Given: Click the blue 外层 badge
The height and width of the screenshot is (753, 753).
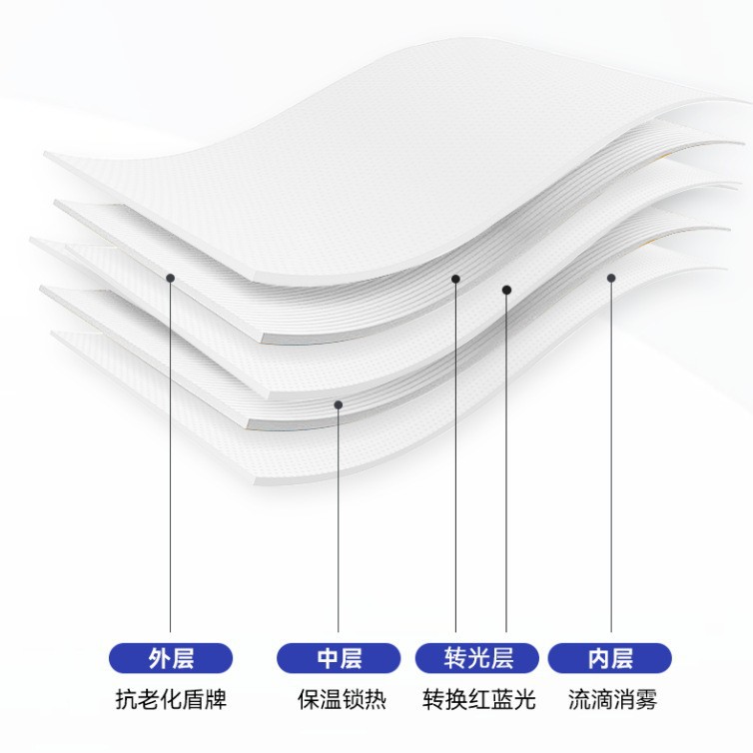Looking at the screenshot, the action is click(x=170, y=658).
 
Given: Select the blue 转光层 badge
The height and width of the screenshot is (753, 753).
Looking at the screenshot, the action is click(x=477, y=658).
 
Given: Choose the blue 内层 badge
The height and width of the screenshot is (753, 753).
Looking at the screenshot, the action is click(x=609, y=658).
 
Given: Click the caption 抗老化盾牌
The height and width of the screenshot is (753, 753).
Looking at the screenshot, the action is click(x=170, y=699).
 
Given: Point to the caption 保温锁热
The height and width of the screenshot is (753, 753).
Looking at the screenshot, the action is click(x=341, y=699).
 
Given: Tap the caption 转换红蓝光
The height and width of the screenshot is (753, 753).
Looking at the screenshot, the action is click(x=477, y=699).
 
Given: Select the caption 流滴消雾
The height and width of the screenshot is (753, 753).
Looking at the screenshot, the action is click(x=612, y=699).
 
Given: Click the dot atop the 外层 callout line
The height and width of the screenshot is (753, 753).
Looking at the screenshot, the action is click(x=171, y=278).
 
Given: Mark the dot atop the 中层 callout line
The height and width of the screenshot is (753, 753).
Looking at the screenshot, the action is click(x=339, y=404).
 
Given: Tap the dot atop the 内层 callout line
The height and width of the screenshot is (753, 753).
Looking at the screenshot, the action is click(x=611, y=278).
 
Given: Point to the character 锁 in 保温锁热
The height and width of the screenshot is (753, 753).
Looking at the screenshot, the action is click(x=352, y=699).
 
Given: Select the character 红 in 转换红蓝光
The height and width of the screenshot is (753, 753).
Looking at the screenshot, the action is click(x=477, y=699).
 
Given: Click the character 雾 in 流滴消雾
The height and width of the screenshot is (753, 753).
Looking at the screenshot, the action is click(x=646, y=699).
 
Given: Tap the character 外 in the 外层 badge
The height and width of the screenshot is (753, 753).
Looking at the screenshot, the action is click(x=159, y=658).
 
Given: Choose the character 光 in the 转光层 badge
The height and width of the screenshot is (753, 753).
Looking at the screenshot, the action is click(x=477, y=658).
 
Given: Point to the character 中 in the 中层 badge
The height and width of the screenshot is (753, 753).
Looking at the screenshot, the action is click(x=329, y=658).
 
